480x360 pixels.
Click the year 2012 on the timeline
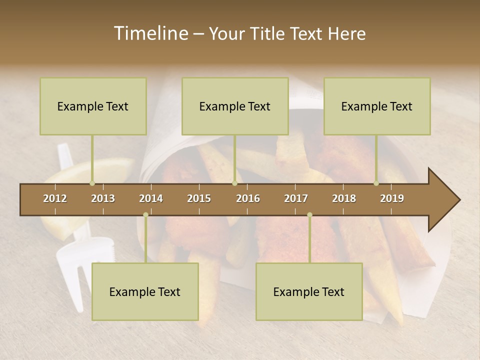(55, 198)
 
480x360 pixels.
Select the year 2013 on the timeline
(103, 198)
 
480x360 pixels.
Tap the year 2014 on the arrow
(151, 198)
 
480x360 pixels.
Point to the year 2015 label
(199, 198)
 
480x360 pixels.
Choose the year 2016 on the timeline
(248, 198)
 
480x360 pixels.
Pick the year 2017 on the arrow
(296, 198)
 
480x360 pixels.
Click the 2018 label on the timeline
(344, 198)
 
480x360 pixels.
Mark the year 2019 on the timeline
(392, 198)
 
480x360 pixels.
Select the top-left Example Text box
(93, 106)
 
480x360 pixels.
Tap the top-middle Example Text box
(235, 106)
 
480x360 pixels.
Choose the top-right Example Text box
(377, 106)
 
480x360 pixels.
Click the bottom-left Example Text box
(145, 291)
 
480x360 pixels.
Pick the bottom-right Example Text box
(309, 291)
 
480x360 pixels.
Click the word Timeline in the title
(150, 33)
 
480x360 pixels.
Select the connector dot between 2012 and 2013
(92, 183)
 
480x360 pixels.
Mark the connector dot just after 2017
(309, 215)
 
